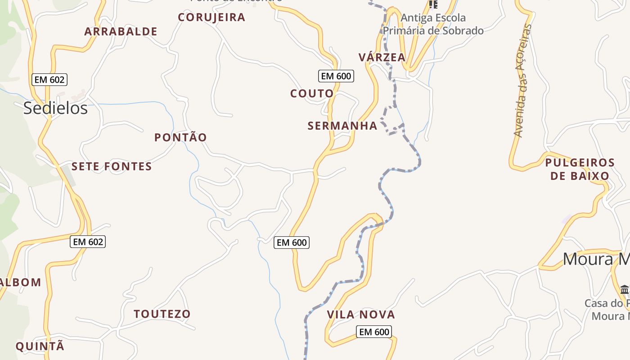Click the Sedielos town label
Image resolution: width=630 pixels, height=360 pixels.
tap(55, 108)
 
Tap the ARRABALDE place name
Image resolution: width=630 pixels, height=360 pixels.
tap(121, 31)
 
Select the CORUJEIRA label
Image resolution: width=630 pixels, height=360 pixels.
tap(211, 18)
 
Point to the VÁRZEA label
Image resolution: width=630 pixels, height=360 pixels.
tap(382, 57)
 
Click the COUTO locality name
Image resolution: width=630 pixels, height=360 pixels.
tap(312, 94)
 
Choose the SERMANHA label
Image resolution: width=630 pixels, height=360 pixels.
tap(342, 126)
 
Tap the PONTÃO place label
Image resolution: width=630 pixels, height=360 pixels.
tap(180, 137)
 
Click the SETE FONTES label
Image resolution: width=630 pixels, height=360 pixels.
tap(112, 166)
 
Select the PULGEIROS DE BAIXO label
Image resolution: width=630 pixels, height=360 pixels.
tap(580, 169)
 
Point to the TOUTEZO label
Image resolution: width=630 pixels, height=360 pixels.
tap(162, 314)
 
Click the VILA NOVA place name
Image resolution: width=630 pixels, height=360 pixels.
tap(361, 315)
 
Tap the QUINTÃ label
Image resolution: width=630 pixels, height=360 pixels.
tap(40, 346)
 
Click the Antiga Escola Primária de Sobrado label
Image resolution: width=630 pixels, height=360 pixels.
tap(433, 24)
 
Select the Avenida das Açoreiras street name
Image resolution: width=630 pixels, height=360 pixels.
tap(522, 81)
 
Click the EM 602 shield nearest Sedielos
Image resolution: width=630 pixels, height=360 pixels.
tap(50, 80)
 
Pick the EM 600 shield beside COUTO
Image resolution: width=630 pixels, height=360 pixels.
tap(336, 76)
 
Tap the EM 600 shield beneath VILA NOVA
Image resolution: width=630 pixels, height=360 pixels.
tap(374, 332)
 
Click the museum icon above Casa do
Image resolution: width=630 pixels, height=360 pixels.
tap(624, 289)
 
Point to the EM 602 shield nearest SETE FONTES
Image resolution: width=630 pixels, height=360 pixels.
tap(88, 242)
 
